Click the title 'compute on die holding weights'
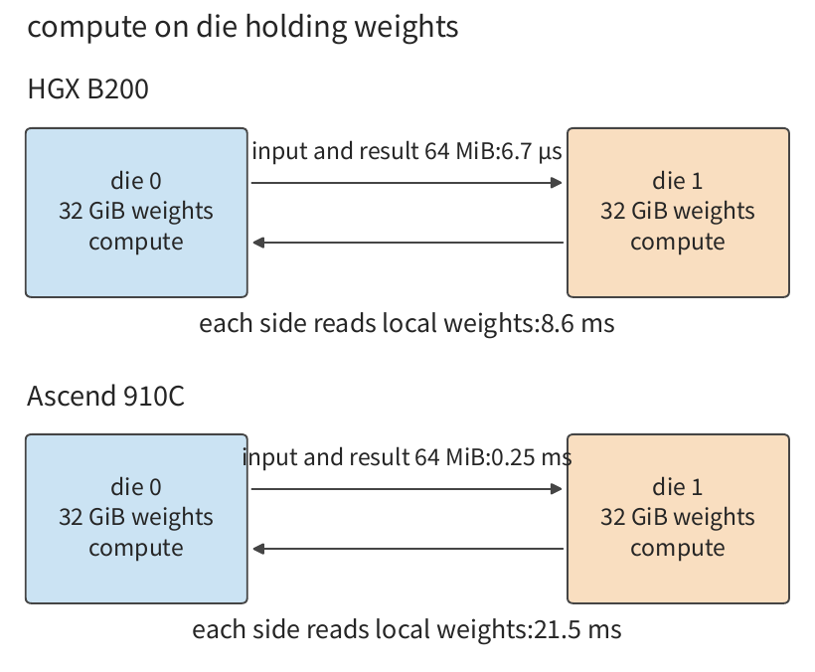click(243, 27)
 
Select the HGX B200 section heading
click(87, 88)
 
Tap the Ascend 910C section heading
click(105, 396)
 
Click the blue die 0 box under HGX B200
click(136, 213)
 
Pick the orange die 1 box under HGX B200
click(678, 213)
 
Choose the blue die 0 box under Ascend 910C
click(136, 519)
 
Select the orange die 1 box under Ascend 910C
click(678, 519)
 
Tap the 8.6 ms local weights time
click(578, 323)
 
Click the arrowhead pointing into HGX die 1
click(557, 183)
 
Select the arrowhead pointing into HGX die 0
click(258, 243)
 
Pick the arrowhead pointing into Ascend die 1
click(557, 488)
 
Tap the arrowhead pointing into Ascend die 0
click(258, 549)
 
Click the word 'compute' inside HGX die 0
click(136, 243)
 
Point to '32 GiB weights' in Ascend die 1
click(678, 517)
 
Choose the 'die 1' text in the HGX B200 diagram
click(678, 181)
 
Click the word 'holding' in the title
click(296, 27)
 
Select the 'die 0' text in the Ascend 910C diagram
click(136, 487)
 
